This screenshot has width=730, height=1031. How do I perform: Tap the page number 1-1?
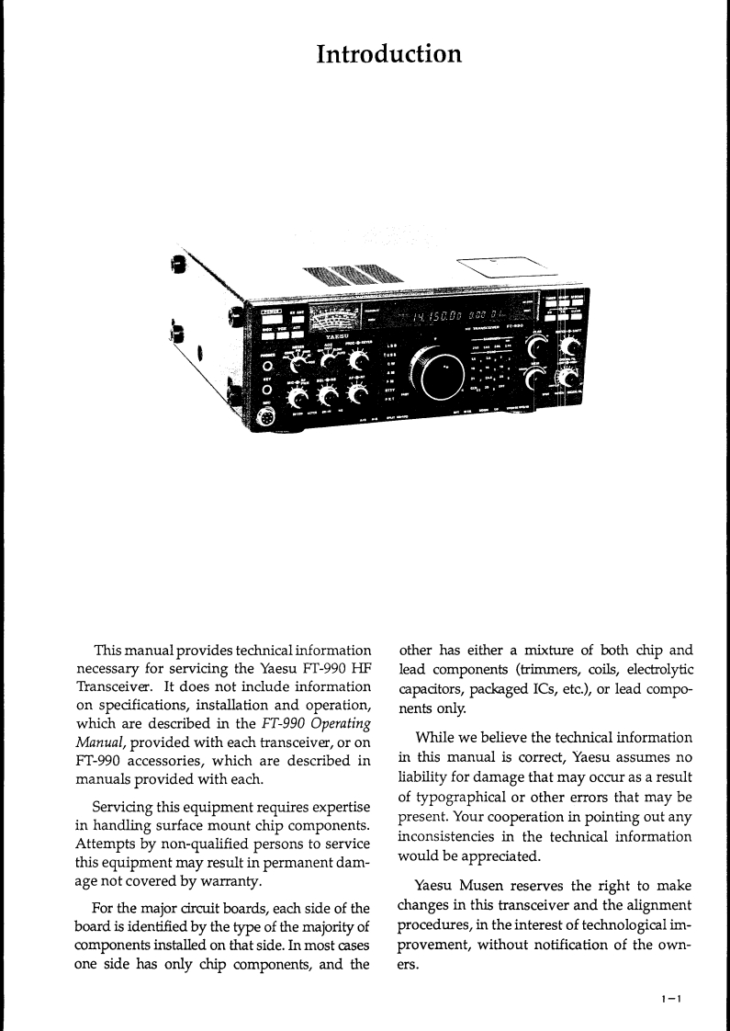[667, 997]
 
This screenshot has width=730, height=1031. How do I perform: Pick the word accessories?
[167, 761]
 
